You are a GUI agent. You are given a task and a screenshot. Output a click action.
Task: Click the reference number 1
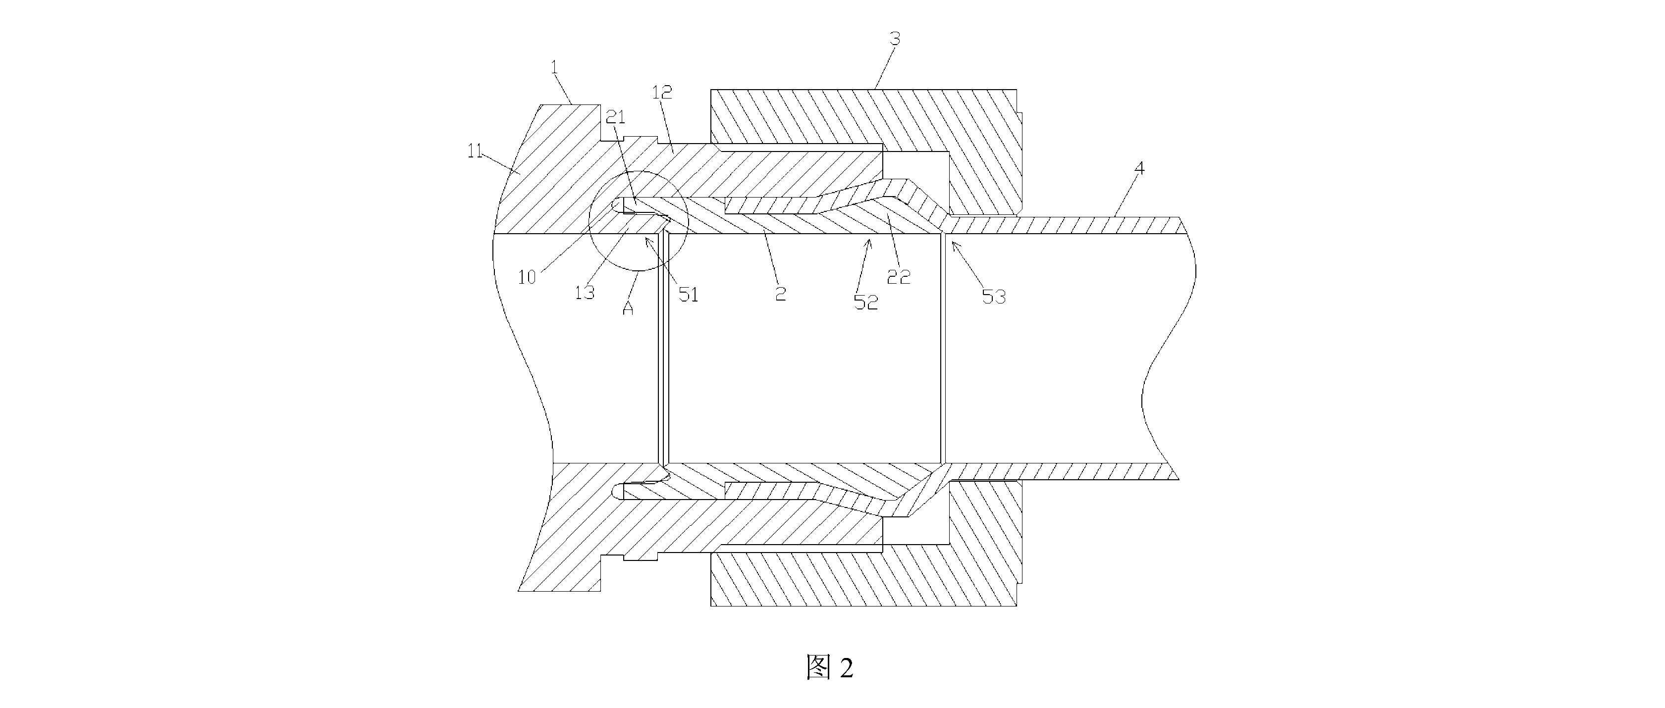pos(554,67)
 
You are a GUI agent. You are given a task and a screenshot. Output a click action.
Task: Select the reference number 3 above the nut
pos(895,39)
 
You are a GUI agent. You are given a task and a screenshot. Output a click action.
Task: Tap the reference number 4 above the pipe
pos(1139,169)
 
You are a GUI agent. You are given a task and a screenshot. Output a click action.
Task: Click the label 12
pos(662,93)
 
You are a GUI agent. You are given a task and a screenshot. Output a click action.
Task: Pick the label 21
pos(615,117)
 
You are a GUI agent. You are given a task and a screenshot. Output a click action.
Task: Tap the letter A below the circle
pos(628,309)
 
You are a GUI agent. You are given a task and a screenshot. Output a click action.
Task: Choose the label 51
pos(689,295)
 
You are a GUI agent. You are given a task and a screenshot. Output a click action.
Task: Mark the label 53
pos(994,297)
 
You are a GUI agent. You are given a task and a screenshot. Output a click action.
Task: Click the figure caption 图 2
pos(830,667)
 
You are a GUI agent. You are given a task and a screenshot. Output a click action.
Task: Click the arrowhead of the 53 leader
pos(952,242)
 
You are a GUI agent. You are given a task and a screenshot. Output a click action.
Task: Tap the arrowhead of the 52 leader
pos(869,240)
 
